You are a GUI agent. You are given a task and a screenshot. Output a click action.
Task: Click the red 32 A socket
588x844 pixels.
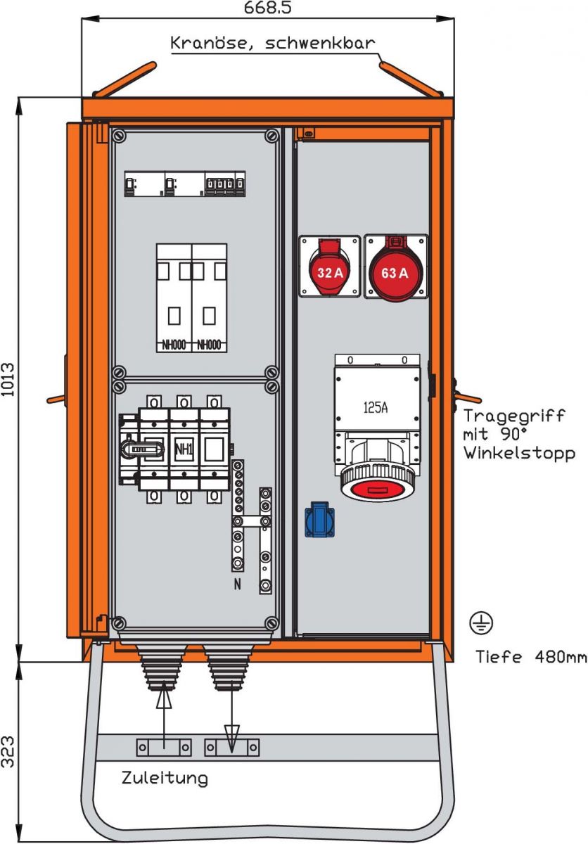329,267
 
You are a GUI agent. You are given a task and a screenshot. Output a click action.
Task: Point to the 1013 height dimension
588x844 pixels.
8,381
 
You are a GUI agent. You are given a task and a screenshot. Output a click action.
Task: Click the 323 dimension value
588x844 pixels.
8,752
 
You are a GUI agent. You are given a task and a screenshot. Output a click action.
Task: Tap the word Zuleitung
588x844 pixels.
165,779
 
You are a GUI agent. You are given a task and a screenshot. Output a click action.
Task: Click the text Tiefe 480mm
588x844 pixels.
530,658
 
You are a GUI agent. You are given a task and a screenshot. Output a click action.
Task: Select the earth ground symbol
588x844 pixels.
482,622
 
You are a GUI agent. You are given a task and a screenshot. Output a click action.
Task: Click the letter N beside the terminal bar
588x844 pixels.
237,584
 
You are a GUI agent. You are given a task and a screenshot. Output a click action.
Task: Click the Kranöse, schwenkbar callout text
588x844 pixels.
273,42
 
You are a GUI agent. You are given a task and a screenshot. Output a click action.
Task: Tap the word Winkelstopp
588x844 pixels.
519,454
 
